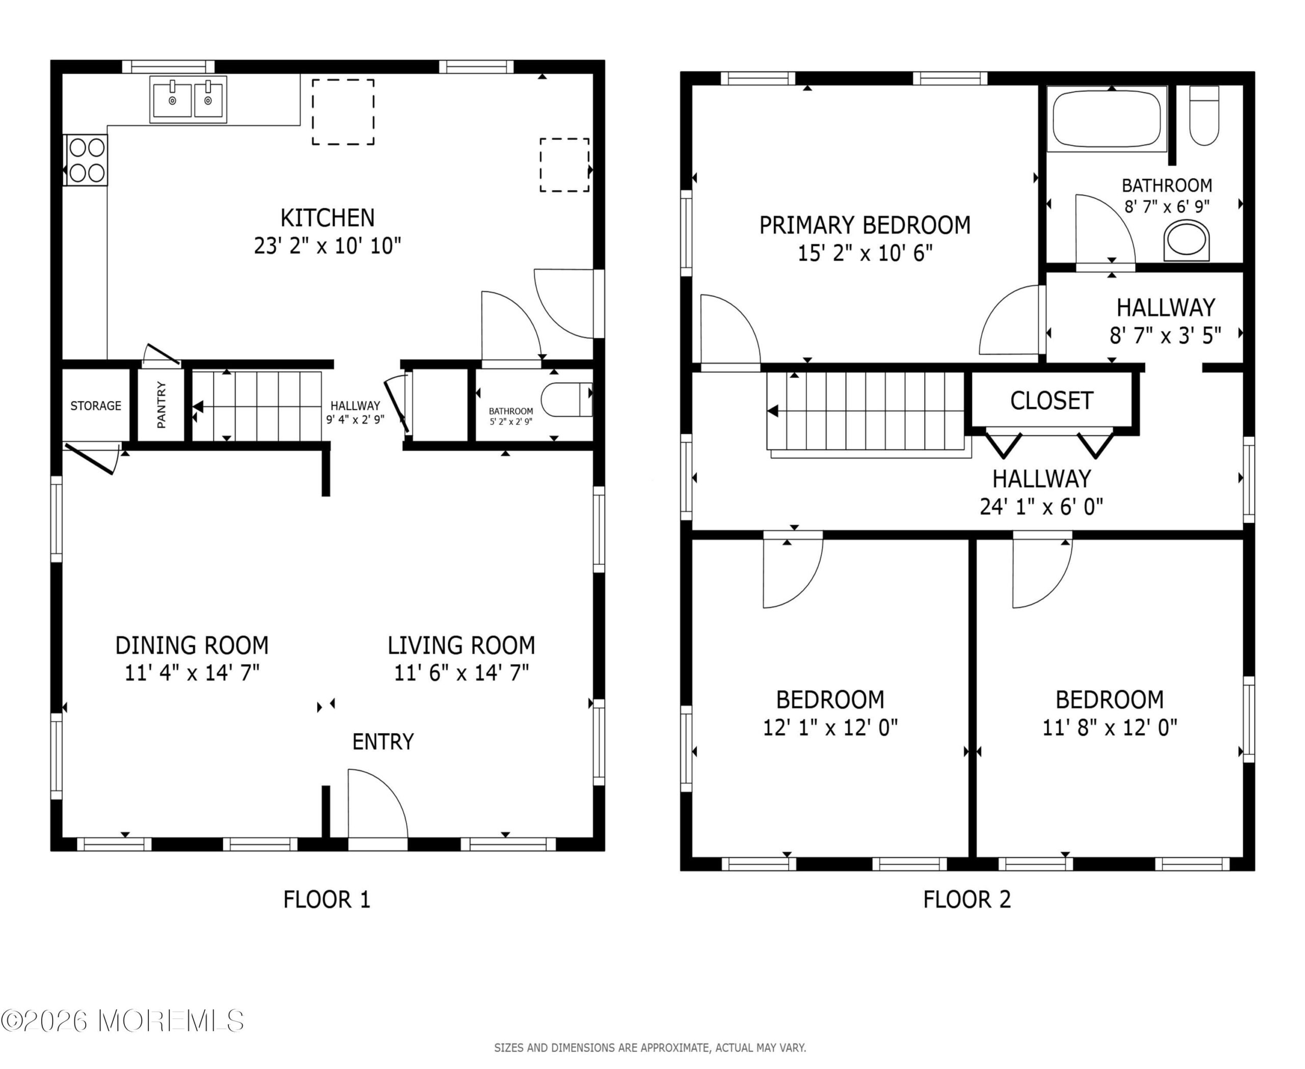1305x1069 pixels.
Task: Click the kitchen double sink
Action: pos(188,99)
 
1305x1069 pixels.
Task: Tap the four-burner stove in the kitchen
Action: pos(86,160)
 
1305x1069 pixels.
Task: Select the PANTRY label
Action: pos(162,405)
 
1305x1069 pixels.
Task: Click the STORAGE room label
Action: pos(95,406)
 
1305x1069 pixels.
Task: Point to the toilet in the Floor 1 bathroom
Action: pos(566,399)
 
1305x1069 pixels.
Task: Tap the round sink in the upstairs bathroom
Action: pos(1187,240)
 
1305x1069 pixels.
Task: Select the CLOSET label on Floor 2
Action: pos(1052,401)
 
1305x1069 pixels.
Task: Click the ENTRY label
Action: pos(383,742)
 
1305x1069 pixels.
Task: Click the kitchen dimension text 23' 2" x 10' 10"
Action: pos(328,246)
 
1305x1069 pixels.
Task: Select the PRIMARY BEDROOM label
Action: pos(865,225)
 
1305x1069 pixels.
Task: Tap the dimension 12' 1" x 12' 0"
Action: pos(830,728)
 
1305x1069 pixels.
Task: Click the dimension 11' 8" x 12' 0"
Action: pos(1110,728)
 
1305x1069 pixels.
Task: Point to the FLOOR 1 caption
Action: pos(326,900)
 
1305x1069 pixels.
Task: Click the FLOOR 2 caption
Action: pos(967,900)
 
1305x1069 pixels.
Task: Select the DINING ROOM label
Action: pos(192,645)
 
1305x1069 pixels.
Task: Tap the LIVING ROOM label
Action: pos(461,645)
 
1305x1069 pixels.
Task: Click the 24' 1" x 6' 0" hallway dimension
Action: pos(1041,507)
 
